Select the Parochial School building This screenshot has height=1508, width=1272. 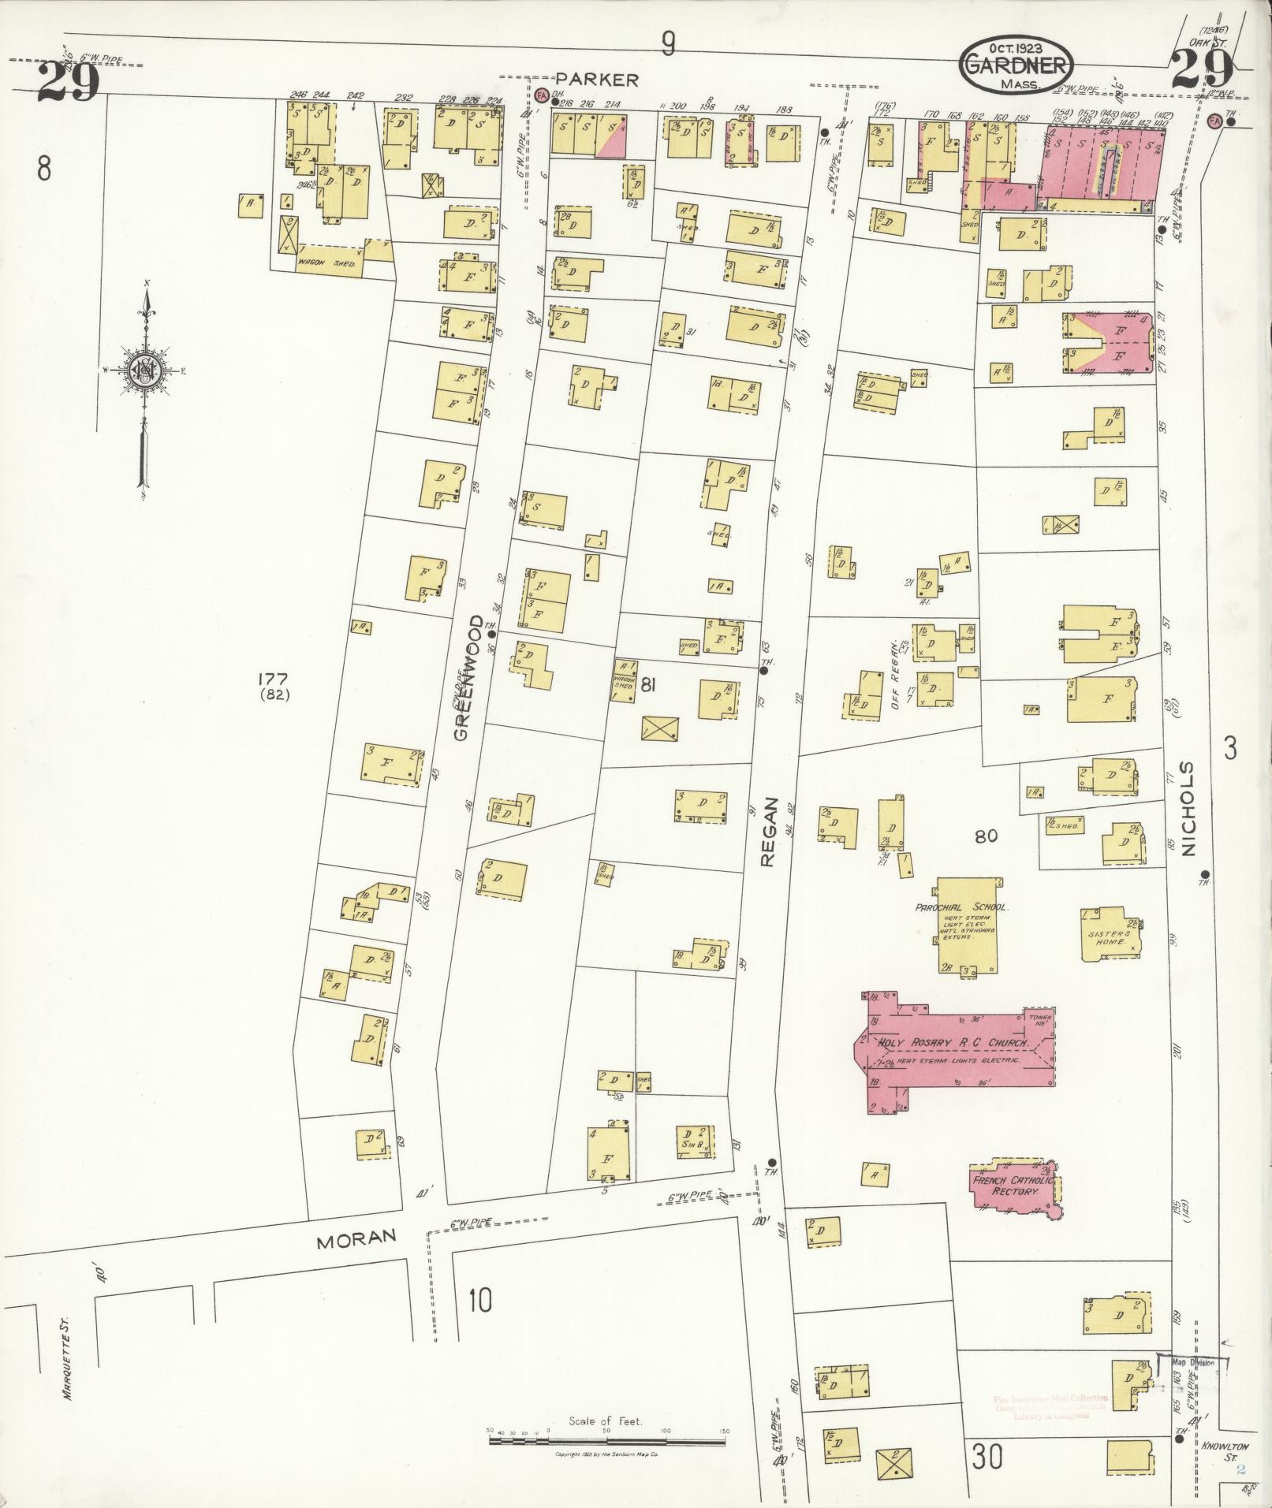pos(967,922)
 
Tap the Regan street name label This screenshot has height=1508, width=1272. pos(769,832)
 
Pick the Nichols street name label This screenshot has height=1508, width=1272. pos(1188,809)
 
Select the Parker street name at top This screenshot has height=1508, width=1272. pos(596,79)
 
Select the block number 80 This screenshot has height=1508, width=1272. pos(987,836)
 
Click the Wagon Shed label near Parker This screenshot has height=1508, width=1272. pos(326,263)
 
